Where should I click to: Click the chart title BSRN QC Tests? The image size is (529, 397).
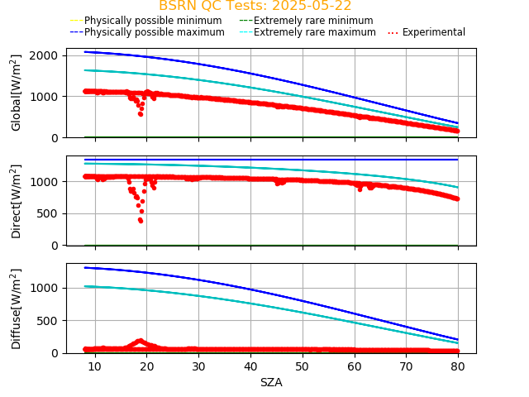[x=255, y=6]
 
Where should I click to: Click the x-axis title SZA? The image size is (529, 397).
[x=271, y=382]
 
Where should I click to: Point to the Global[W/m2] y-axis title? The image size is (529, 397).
[x=17, y=93]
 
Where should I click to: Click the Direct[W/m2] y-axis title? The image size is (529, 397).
[x=17, y=201]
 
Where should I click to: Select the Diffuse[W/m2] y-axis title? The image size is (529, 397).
[x=17, y=308]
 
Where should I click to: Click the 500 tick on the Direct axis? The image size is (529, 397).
[x=50, y=213]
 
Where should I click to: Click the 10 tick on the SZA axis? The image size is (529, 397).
[x=95, y=366]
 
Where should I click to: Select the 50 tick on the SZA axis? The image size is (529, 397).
[x=303, y=366]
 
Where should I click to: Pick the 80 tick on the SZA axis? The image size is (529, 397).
[x=458, y=366]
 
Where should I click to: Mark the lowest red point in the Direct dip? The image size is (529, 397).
[x=141, y=221]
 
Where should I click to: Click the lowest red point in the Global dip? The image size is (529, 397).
[x=141, y=114]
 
